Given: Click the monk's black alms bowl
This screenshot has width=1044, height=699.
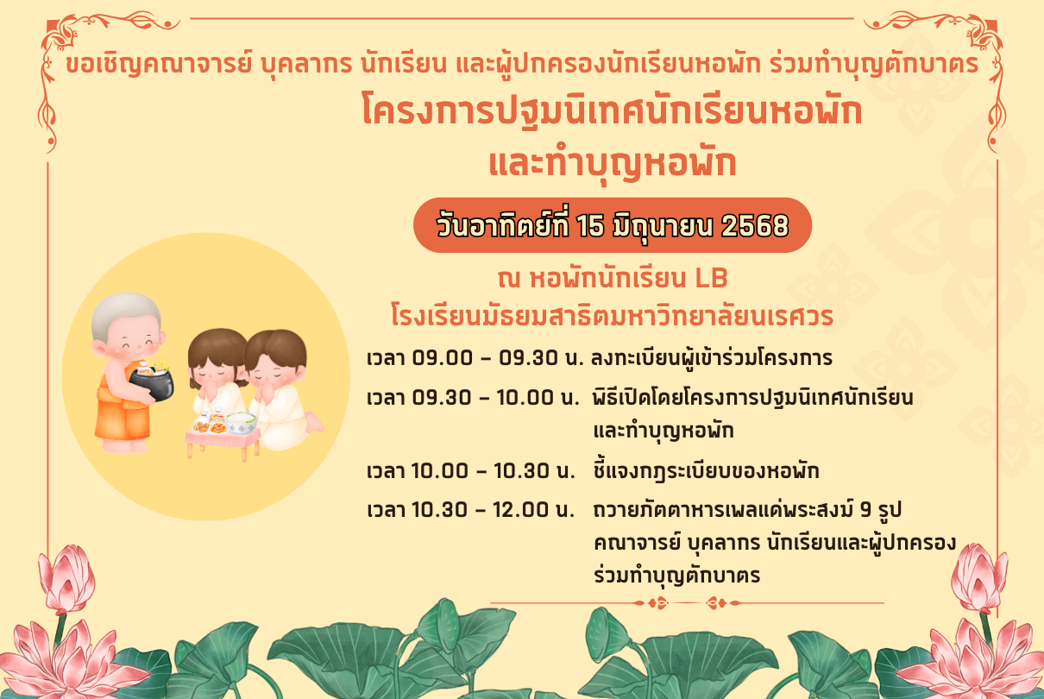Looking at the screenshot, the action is click(x=152, y=383).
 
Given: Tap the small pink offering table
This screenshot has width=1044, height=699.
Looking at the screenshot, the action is click(x=223, y=443).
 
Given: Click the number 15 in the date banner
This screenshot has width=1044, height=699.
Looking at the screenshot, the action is click(x=590, y=226).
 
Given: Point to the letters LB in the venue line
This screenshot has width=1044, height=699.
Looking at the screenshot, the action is click(x=711, y=278).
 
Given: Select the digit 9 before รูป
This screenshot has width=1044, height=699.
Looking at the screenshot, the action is click(x=865, y=509).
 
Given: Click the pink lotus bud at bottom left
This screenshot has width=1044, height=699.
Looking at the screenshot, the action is click(x=66, y=579).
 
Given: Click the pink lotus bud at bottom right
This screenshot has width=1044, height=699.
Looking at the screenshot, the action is click(x=978, y=578).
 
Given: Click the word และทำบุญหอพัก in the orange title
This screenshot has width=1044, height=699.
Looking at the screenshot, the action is click(x=613, y=163).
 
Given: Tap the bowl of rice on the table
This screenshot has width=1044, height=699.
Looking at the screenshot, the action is click(x=241, y=422).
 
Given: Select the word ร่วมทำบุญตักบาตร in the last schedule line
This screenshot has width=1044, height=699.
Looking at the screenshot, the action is click(x=676, y=576).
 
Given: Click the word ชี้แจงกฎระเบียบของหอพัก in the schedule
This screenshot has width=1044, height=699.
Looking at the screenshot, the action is click(x=706, y=470).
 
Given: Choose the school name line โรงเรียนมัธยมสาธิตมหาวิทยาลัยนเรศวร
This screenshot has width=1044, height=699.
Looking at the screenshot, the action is click(x=612, y=317).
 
